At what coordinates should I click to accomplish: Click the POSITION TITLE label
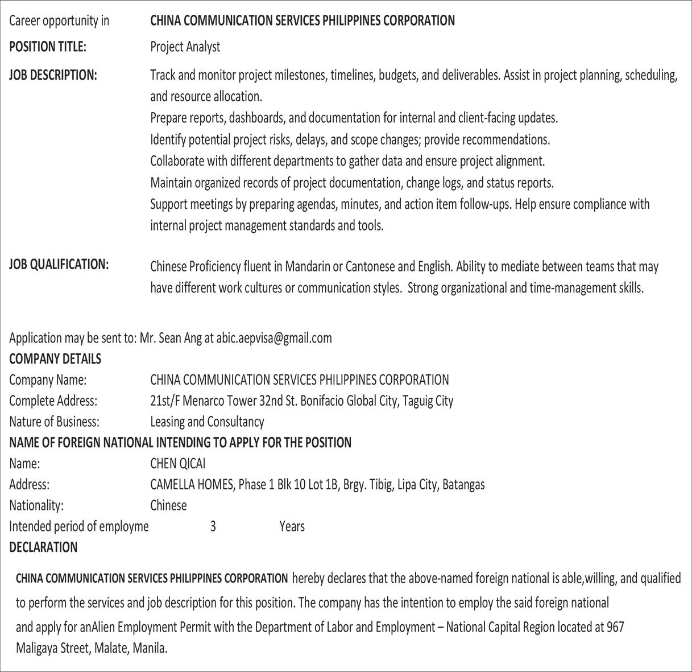click(x=48, y=47)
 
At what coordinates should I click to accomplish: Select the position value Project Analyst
click(x=185, y=47)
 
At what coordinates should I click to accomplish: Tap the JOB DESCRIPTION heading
click(x=53, y=75)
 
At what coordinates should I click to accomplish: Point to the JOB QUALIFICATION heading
click(x=59, y=264)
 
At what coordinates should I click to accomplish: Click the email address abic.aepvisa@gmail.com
click(x=274, y=338)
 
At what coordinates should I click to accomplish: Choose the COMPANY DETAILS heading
click(x=55, y=359)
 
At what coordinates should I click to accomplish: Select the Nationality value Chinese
click(x=168, y=505)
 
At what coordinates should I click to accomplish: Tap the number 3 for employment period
click(x=213, y=526)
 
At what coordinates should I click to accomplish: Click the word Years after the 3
click(x=292, y=526)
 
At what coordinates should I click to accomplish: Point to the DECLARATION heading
click(x=43, y=547)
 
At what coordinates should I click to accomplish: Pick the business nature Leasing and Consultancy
click(x=207, y=422)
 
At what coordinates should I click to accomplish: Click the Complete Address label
click(x=53, y=401)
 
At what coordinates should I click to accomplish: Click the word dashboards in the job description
click(x=256, y=118)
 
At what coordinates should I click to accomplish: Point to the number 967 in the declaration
click(x=615, y=627)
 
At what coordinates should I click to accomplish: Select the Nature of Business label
click(x=54, y=422)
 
